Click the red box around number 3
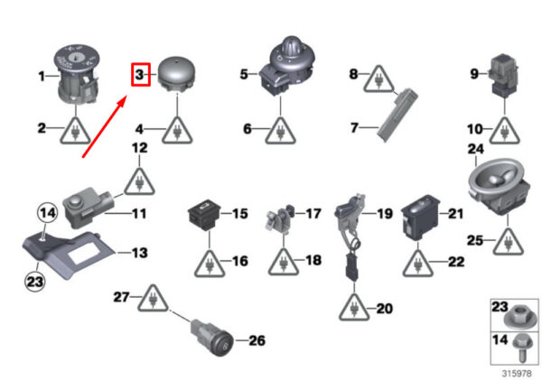pyautogui.click(x=141, y=63)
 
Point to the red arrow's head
pyautogui.click(x=122, y=103)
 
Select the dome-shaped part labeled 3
pyautogui.click(x=177, y=75)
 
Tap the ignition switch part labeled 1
pyautogui.click(x=77, y=74)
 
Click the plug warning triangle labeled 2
pyautogui.click(x=75, y=131)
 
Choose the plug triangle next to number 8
pyautogui.click(x=378, y=79)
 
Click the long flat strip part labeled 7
pyautogui.click(x=397, y=115)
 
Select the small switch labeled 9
pyautogui.click(x=504, y=75)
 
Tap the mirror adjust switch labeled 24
pyautogui.click(x=499, y=187)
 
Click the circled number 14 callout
pyautogui.click(x=47, y=213)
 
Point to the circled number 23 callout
pyautogui.click(x=35, y=282)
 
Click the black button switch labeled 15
pyautogui.click(x=204, y=215)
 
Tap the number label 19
pyautogui.click(x=385, y=214)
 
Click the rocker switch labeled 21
pyautogui.click(x=420, y=218)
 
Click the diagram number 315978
pyautogui.click(x=517, y=374)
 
